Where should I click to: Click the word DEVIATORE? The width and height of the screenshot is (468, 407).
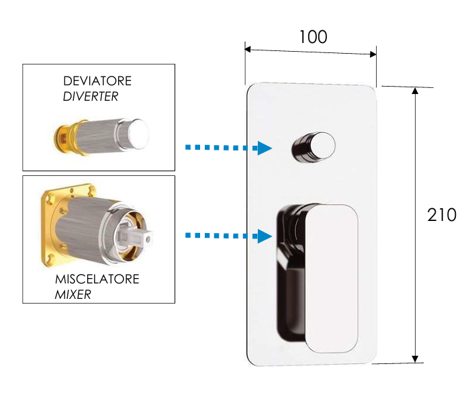coord(97,81)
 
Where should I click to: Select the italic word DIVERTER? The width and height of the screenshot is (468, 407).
coord(90,96)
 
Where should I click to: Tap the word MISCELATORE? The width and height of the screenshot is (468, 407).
coord(97,279)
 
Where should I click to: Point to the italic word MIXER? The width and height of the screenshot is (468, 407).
coord(73,294)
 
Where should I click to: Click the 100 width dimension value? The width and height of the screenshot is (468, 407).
coord(313,37)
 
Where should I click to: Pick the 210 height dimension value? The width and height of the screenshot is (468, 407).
coord(442,215)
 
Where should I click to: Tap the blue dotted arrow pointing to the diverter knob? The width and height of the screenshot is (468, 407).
coord(228,148)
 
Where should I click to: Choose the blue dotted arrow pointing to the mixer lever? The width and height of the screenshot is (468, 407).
coord(228,235)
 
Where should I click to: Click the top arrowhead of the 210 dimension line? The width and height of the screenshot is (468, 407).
coord(416,90)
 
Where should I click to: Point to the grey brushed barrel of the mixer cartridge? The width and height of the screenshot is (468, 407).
coord(81,232)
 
